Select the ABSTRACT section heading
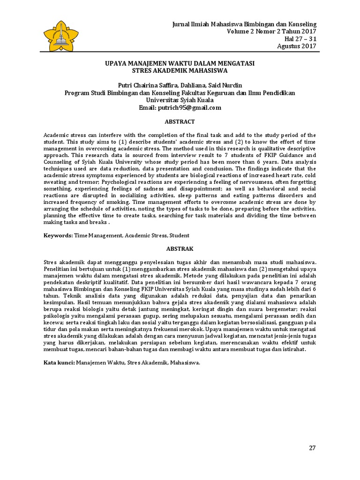(x=180, y=122)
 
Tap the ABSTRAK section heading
(x=180, y=248)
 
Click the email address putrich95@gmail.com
(x=193, y=107)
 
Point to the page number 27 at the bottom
(x=312, y=448)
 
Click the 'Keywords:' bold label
(x=58, y=235)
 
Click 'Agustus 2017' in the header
(x=297, y=46)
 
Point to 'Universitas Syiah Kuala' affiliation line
(x=180, y=100)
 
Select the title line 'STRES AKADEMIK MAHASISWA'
(x=180, y=71)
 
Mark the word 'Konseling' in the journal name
(x=302, y=24)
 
